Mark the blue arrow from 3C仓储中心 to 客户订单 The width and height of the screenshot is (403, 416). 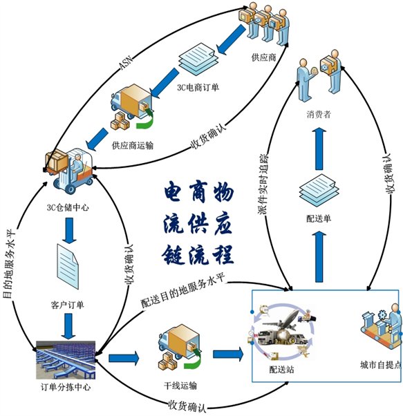(68, 228)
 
